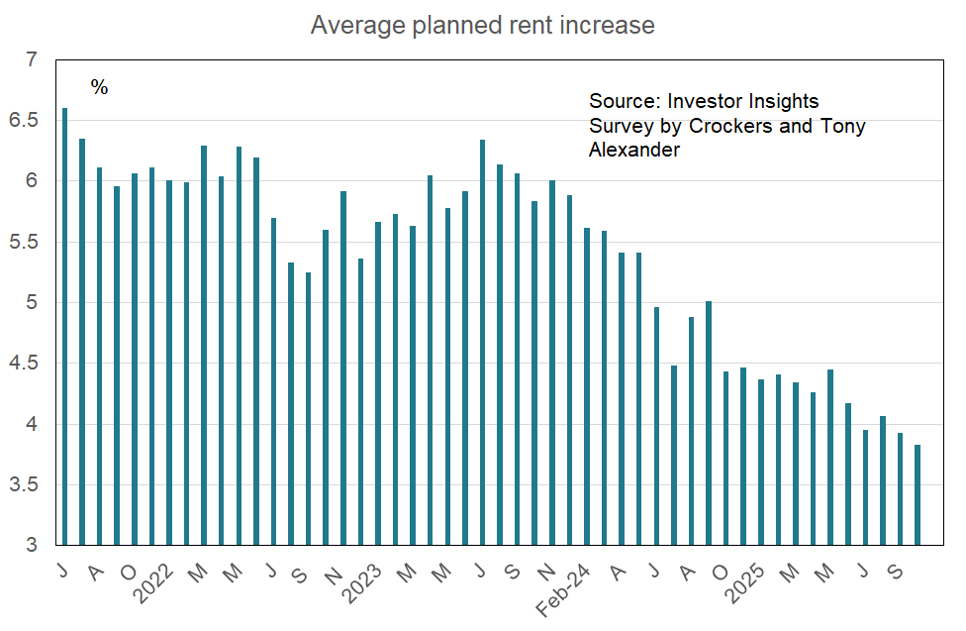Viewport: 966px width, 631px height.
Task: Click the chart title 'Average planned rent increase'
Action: tap(482, 25)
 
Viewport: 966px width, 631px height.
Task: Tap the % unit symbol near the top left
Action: tap(99, 88)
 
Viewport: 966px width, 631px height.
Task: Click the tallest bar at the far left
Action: tap(65, 327)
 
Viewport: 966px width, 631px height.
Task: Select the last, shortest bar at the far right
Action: tap(918, 495)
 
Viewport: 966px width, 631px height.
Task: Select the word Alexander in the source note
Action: tap(633, 150)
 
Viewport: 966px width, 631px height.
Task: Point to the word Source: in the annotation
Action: tap(624, 102)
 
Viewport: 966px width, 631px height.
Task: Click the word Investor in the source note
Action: tap(705, 102)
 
